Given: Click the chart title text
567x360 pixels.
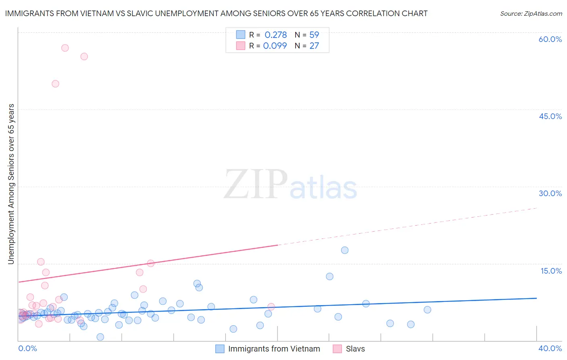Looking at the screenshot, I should pyautogui.click(x=216, y=13).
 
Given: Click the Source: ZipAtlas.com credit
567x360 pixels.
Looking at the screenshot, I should pyautogui.click(x=531, y=13).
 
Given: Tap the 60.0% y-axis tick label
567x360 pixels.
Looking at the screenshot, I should pyautogui.click(x=550, y=39).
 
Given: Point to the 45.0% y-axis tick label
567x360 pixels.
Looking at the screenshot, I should pyautogui.click(x=550, y=116).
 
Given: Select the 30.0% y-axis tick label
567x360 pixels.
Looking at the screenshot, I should pyautogui.click(x=550, y=193).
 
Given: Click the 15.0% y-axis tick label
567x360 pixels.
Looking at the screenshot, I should pyautogui.click(x=551, y=271).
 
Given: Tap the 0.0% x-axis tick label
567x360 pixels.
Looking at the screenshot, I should pyautogui.click(x=27, y=348).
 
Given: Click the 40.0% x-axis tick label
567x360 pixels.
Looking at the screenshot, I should pyautogui.click(x=550, y=348).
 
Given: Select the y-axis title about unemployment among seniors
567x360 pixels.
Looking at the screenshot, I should pyautogui.click(x=11, y=184).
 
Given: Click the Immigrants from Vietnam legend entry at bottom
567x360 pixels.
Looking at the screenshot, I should pyautogui.click(x=274, y=349).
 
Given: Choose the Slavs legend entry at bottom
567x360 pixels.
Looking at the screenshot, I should pyautogui.click(x=355, y=349).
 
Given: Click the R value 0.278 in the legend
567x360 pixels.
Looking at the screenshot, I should pyautogui.click(x=275, y=35).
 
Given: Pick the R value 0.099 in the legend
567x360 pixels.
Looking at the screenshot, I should pyautogui.click(x=275, y=46).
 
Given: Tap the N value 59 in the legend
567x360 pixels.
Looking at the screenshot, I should pyautogui.click(x=314, y=35).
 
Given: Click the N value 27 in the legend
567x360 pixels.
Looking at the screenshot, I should pyautogui.click(x=314, y=46).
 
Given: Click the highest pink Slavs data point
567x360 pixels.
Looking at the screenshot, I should pyautogui.click(x=65, y=48).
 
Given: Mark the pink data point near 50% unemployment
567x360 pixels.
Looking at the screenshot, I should pyautogui.click(x=56, y=84).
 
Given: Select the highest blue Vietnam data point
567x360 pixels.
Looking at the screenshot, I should pyautogui.click(x=345, y=250).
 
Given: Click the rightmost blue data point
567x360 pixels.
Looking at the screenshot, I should pyautogui.click(x=427, y=310).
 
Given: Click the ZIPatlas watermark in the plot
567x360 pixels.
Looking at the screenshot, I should pyautogui.click(x=290, y=184).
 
